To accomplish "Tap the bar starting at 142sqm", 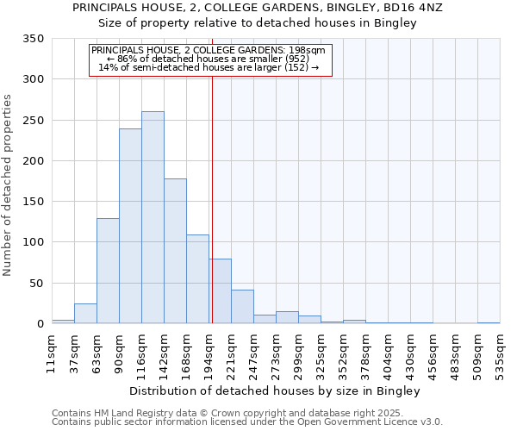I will [x=175, y=251].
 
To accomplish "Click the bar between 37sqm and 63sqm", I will [x=85, y=314].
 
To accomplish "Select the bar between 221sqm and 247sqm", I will [x=242, y=307].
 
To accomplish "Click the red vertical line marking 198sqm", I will [x=211, y=198].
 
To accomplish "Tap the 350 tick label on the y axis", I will [x=33, y=39].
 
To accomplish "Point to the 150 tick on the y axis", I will [x=33, y=202].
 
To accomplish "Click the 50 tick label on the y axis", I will [x=36, y=283].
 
